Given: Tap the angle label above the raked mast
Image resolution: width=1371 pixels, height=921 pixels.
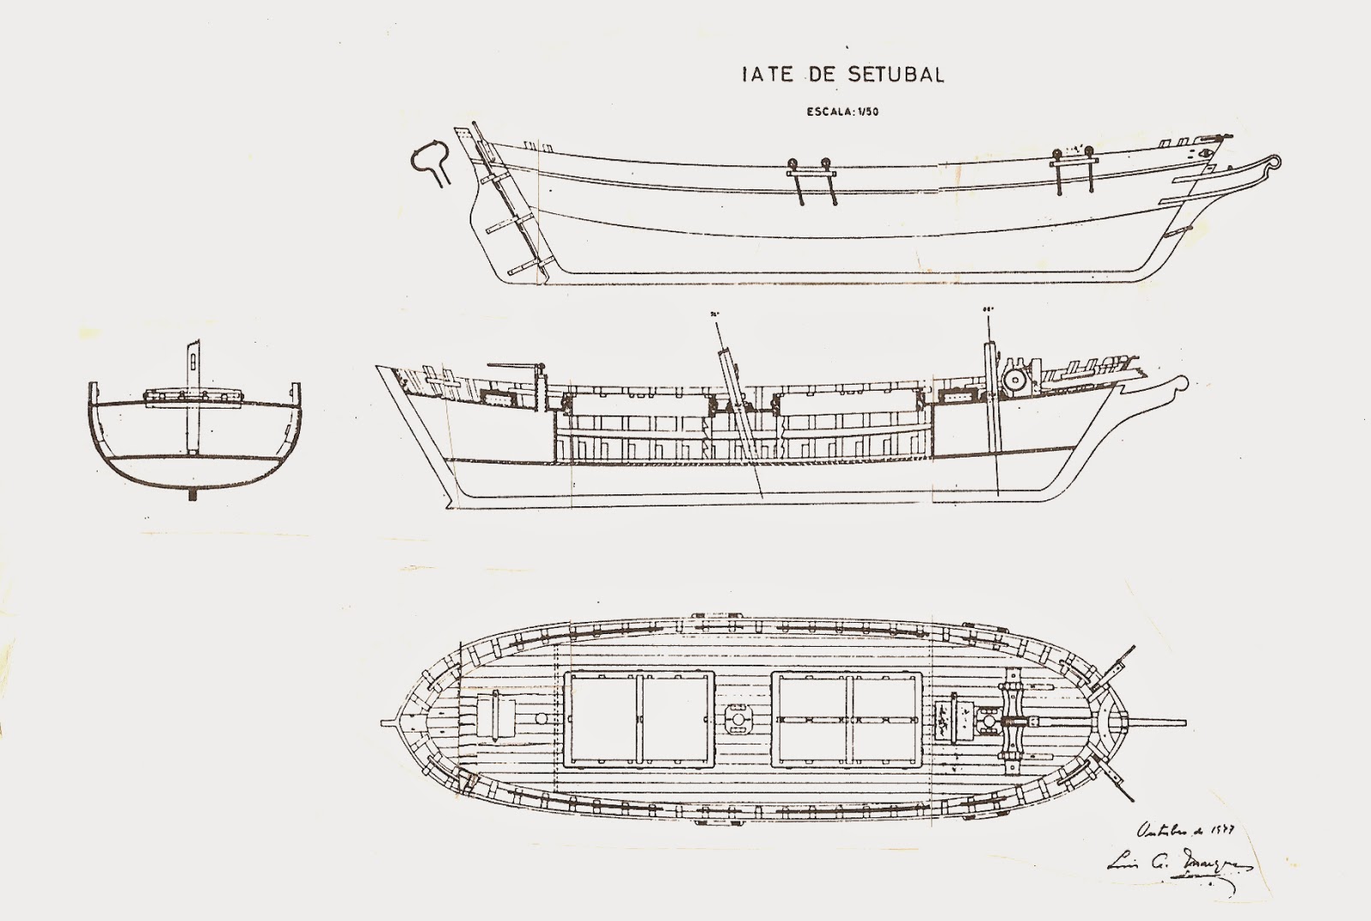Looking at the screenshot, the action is [x=713, y=314].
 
